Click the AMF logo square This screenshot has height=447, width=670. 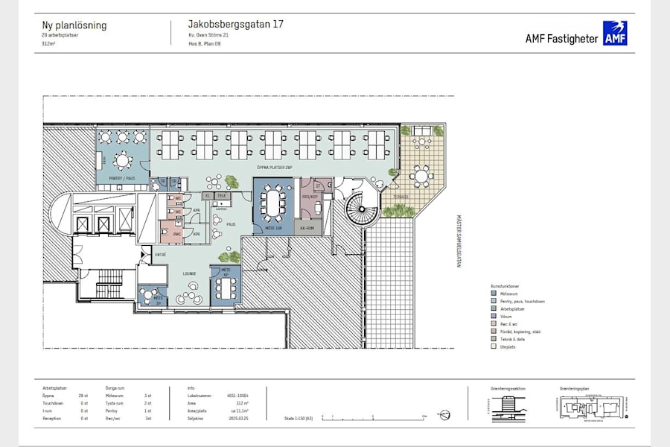pos(615,34)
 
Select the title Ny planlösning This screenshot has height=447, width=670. pos(74,25)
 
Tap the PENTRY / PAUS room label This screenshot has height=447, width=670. pos(121,179)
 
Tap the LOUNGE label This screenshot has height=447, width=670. pos(190,274)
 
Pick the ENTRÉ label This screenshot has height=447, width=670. pos(160,255)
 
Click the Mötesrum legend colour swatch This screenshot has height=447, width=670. pos(493,294)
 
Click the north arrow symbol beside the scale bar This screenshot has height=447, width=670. pos(444,414)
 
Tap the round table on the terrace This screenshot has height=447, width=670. pos(421,177)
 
